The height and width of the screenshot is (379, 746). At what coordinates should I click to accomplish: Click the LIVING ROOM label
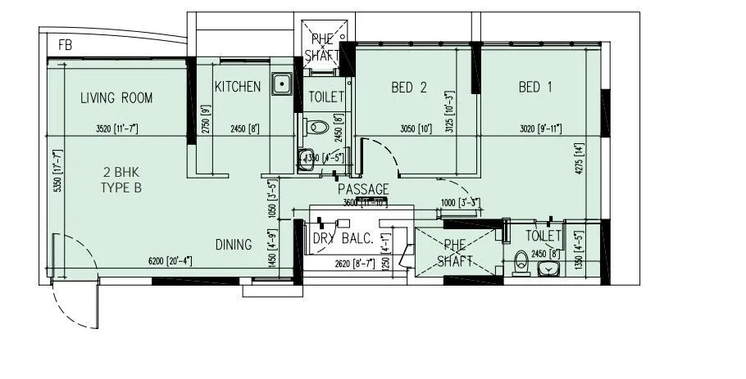tap(116, 98)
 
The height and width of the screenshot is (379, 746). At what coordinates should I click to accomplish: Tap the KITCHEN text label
tap(238, 87)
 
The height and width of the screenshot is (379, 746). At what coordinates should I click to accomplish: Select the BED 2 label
tap(409, 87)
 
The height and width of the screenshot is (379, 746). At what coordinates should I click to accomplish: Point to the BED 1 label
tap(535, 87)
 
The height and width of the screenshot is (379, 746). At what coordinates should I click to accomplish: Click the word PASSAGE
tap(363, 189)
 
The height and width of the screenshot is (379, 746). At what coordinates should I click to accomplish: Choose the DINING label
tap(234, 244)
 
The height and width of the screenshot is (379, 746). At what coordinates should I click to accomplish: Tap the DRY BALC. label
tap(343, 239)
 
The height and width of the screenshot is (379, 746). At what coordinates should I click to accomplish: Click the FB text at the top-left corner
tap(65, 46)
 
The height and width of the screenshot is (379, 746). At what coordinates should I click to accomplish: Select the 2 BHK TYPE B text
tap(121, 180)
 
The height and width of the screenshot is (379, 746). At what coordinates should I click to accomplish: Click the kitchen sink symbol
tap(283, 83)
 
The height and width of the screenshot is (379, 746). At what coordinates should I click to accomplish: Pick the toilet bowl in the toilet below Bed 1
tap(518, 263)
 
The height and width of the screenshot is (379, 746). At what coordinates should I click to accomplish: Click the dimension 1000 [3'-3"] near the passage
tap(459, 203)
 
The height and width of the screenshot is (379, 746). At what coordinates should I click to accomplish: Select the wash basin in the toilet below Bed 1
tap(552, 268)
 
